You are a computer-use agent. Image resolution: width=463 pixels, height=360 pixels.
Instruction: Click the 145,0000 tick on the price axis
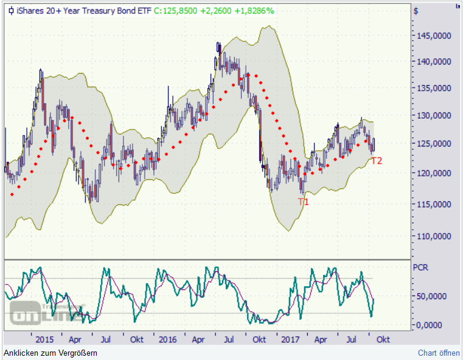click(x=433, y=35)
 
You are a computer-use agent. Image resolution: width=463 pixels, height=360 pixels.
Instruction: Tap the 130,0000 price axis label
click(x=433, y=116)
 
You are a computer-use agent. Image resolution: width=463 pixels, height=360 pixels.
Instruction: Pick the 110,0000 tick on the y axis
click(x=433, y=236)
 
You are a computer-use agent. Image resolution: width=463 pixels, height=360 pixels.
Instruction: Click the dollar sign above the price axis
click(x=416, y=10)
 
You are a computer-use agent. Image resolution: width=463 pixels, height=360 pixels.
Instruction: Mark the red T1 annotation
click(x=303, y=201)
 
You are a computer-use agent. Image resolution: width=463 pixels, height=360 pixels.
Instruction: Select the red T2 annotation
click(x=377, y=161)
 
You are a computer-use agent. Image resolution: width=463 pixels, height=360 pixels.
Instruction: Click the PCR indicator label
click(x=420, y=267)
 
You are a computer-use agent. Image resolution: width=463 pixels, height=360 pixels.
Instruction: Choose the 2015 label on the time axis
click(x=45, y=339)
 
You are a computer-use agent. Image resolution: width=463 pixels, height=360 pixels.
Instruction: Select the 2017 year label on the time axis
click(x=291, y=339)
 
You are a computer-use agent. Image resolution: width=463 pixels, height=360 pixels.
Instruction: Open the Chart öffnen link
click(x=439, y=353)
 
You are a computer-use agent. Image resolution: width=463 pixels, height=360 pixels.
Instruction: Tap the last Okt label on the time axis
click(x=382, y=339)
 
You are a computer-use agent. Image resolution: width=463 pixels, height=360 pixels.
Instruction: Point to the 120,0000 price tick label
click(x=433, y=173)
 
